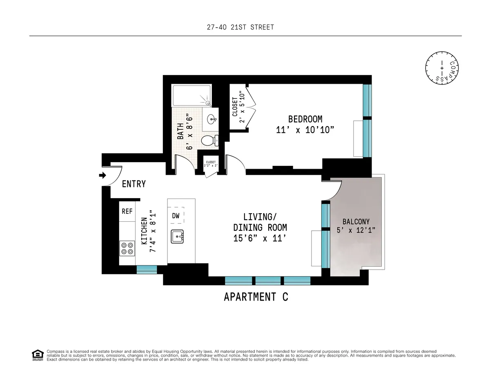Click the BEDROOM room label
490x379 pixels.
pyautogui.click(x=305, y=119)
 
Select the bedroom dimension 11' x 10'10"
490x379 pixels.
pyautogui.click(x=305, y=130)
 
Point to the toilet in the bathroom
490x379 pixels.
pyautogui.click(x=210, y=140)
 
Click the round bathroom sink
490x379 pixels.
pyautogui.click(x=212, y=119)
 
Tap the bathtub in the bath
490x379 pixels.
pyautogui.click(x=191, y=96)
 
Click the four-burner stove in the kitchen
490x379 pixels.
pyautogui.click(x=127, y=248)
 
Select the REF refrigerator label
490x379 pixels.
pyautogui.click(x=127, y=212)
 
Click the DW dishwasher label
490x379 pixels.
pyautogui.click(x=176, y=215)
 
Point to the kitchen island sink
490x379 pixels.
pyautogui.click(x=178, y=236)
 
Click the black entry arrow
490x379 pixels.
pyautogui.click(x=102, y=176)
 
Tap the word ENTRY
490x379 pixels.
pyautogui.click(x=134, y=184)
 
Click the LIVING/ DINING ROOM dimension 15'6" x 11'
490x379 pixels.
pyautogui.click(x=260, y=239)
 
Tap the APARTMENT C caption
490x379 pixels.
pyautogui.click(x=256, y=297)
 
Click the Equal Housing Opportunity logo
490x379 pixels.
pyautogui.click(x=38, y=355)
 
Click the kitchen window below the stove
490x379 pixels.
pyautogui.click(x=147, y=269)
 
